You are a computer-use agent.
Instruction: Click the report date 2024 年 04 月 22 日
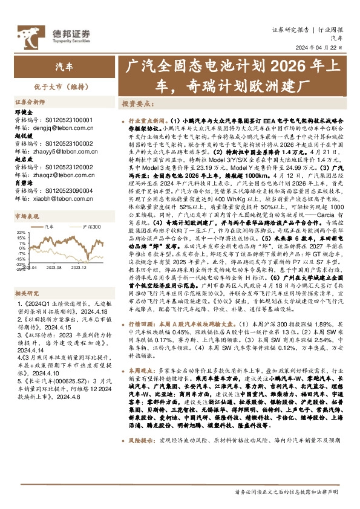pyautogui.click(x=330, y=49)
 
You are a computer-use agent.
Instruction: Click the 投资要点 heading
pyautogui.click(x=139, y=104)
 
